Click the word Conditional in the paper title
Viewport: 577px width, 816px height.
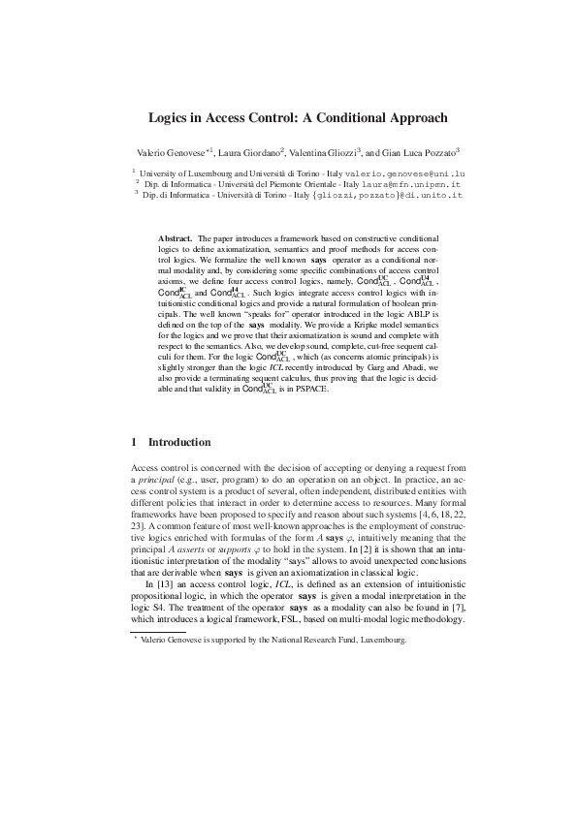[x=359, y=118]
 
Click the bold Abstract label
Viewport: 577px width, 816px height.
[x=174, y=237]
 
